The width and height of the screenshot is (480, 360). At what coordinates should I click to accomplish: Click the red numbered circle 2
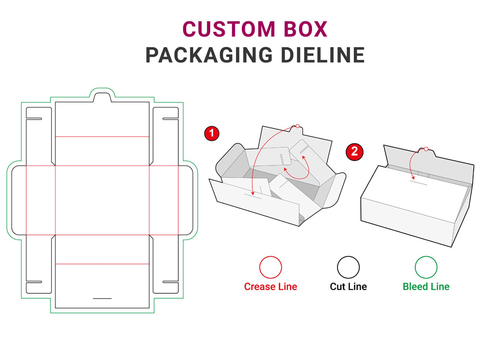tap(354, 152)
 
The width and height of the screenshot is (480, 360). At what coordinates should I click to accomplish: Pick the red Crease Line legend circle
tap(270, 267)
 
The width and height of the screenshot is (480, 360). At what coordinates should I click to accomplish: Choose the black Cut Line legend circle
tap(348, 267)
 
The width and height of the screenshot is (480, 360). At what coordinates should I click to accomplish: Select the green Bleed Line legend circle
tap(426, 267)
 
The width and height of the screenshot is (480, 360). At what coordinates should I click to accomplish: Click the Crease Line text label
tap(270, 287)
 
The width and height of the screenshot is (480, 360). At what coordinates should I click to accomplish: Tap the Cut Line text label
tap(348, 287)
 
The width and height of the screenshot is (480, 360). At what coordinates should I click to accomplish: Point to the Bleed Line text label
tap(426, 287)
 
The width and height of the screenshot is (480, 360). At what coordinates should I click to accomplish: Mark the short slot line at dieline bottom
tap(102, 298)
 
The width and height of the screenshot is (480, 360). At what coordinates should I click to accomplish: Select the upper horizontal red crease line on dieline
tap(102, 137)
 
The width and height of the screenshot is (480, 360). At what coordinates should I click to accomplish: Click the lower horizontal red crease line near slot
tap(102, 264)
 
